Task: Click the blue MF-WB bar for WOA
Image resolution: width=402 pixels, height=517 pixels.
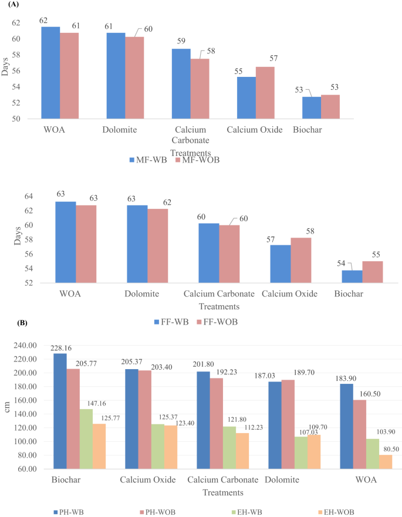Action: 50,73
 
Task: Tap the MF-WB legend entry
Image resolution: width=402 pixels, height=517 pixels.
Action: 146,159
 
